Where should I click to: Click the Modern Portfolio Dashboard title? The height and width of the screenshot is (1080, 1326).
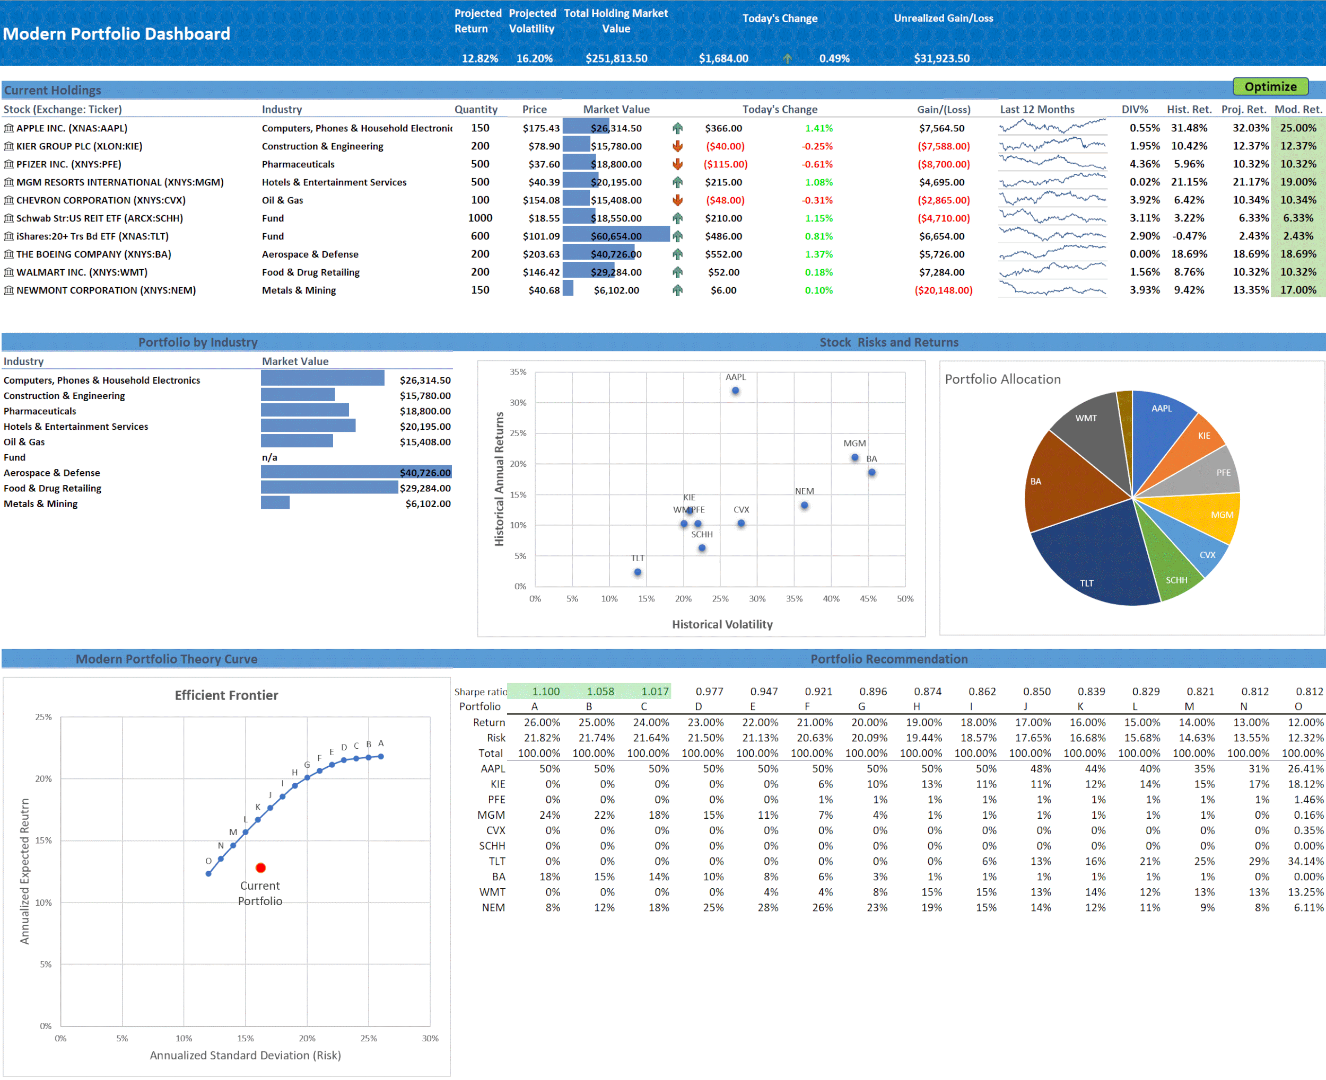pos(116,33)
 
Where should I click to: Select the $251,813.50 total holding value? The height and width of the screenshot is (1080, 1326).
pos(616,58)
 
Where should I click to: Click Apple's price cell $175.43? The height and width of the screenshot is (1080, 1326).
pos(540,128)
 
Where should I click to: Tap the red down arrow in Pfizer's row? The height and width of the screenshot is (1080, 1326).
pos(677,164)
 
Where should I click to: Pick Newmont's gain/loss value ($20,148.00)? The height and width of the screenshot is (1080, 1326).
pos(943,290)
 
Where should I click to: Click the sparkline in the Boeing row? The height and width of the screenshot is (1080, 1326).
pos(1052,254)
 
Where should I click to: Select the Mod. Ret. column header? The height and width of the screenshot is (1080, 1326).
pos(1298,110)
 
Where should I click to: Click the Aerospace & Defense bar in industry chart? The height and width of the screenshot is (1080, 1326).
pos(355,473)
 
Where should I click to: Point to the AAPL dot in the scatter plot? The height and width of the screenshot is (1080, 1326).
pos(735,391)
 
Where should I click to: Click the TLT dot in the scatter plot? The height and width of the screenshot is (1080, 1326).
pos(638,572)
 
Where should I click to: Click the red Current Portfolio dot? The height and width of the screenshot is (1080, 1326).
pos(260,867)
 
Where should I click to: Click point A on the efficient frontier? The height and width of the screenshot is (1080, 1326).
pos(381,757)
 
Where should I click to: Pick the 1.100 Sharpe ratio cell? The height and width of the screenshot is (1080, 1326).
pos(545,692)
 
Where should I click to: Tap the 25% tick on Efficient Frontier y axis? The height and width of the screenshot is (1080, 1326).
pos(43,718)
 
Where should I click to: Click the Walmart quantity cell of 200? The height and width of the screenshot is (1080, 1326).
pos(479,272)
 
